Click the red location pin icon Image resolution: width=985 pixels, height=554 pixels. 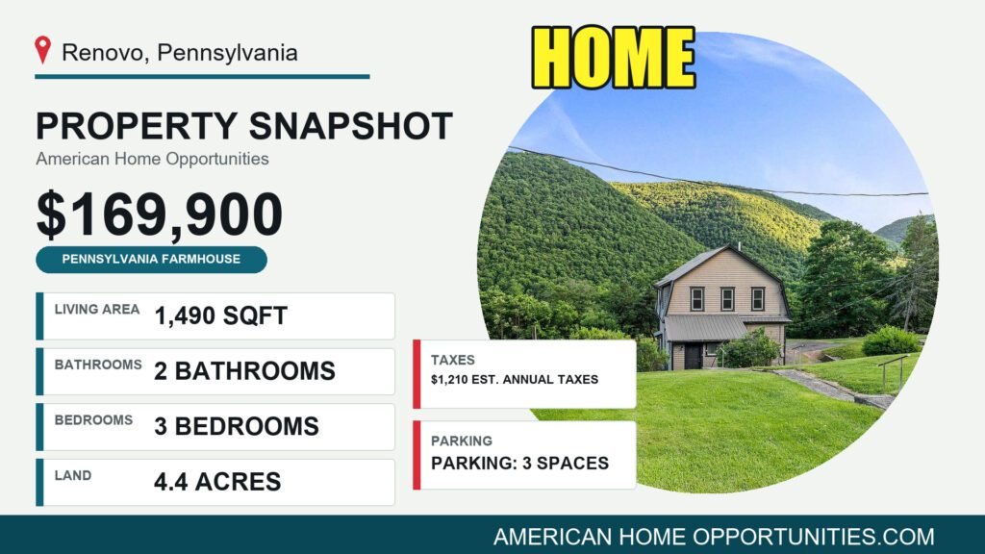coord(42,49)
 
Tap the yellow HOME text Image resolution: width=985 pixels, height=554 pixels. coord(613,58)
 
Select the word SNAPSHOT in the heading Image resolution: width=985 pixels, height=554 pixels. coord(350,126)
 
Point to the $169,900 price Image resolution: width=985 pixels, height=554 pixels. coord(160,214)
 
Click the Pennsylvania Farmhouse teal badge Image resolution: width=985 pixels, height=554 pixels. coord(151,260)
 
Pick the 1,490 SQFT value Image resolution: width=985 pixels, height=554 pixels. coord(220,315)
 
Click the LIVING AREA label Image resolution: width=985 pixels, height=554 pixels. coord(97,309)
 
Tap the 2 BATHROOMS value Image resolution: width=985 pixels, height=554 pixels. coord(244,371)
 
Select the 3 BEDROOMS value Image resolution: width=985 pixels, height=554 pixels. coord(237,426)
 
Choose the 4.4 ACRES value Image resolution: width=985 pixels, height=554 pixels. coord(217,482)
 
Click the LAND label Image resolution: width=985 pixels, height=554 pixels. coord(73,475)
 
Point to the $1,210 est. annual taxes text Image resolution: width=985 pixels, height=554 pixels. coord(515,379)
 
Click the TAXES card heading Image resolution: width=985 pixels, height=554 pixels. coord(452,360)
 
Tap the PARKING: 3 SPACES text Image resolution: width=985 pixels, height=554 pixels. coord(519,463)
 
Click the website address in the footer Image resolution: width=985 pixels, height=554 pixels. coord(714,537)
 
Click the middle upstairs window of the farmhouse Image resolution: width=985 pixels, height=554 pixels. coord(727,299)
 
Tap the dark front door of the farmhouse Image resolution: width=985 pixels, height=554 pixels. coord(693,356)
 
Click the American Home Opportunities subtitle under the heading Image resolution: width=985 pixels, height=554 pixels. coord(152,159)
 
